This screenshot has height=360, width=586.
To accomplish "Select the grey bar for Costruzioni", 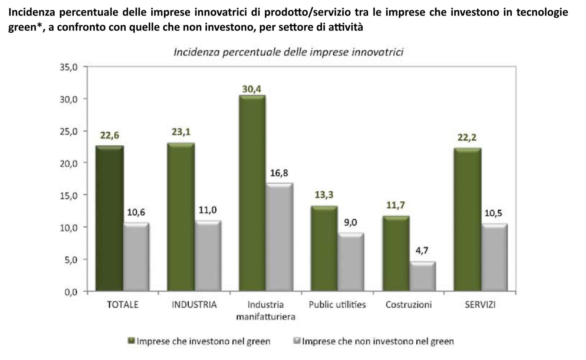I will click(x=423, y=276).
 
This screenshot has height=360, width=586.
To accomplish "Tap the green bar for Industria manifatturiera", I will click(x=252, y=193).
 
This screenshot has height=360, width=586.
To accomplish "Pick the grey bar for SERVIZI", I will click(x=494, y=257).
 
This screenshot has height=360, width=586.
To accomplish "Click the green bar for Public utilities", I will click(x=324, y=248).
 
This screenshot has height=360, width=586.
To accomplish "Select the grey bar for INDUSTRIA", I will click(x=208, y=256).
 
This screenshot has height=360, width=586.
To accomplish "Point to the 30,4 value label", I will click(x=251, y=89).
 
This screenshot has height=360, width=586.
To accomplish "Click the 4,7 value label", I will click(x=422, y=250).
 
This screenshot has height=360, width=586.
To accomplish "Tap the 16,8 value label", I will click(x=279, y=173).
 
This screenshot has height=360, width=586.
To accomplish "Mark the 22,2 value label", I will click(x=467, y=137).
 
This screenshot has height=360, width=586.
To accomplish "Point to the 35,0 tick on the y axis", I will click(x=68, y=67).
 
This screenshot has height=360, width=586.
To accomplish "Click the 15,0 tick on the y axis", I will click(x=68, y=196).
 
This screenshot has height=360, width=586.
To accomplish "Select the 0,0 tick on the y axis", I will click(x=71, y=292).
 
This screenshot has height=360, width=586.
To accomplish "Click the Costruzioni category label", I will click(x=409, y=305).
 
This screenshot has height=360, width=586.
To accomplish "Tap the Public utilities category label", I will click(x=337, y=305).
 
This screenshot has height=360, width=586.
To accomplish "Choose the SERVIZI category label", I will click(x=480, y=305).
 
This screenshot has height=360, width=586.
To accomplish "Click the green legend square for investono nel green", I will click(x=131, y=341).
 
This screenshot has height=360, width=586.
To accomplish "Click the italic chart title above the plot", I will click(x=288, y=52).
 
